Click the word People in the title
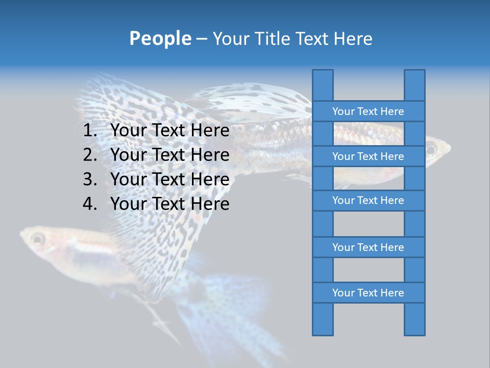pos(160,38)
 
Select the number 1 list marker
pos(89,131)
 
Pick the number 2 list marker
pos(89,155)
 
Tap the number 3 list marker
pos(89,179)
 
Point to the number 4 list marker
pos(89,204)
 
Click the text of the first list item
pos(169,131)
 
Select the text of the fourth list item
pos(169,204)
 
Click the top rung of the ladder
pos(368,111)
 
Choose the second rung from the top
pos(368,156)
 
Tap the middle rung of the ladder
pos(368,200)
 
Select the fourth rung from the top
pos(368,247)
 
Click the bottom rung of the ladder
pos(368,293)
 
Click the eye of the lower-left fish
pos(37,238)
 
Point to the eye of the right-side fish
pos(431,150)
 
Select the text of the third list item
pos(169,179)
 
